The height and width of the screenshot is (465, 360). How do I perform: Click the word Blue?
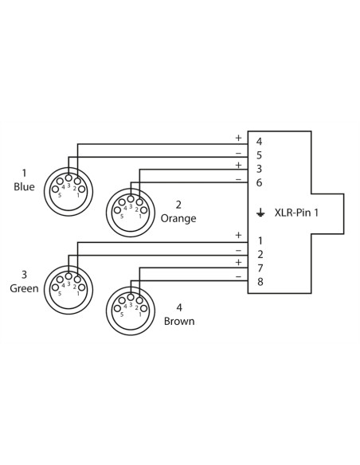coord(24,186)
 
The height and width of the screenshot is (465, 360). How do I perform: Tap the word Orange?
coord(178,218)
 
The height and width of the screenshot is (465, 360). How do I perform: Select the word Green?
coord(24,288)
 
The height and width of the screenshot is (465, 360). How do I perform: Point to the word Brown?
coord(179,321)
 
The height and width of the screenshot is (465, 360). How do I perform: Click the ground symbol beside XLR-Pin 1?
coord(260,213)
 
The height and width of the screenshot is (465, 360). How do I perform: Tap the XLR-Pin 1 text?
coord(296,213)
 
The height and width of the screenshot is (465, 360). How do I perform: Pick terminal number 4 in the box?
coord(259,142)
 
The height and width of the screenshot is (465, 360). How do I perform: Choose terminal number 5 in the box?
coord(259,155)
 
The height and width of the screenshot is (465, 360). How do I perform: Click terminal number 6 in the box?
coord(259,182)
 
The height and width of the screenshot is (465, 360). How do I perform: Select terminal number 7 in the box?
coord(260,268)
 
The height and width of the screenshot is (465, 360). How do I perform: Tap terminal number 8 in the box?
coord(260,281)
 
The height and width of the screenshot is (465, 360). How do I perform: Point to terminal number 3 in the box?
coord(259,169)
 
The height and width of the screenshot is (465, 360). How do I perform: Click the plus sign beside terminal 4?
coord(238,138)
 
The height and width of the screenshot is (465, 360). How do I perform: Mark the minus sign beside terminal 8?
coord(238,276)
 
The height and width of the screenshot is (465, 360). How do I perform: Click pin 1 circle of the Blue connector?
coord(82,190)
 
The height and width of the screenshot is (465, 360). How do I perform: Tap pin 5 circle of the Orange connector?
coord(117,210)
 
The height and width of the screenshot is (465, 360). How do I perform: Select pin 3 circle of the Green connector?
coord(68,276)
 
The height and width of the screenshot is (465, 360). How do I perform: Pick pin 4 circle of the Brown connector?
coord(122,300)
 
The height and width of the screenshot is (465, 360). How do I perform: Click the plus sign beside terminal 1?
coord(238,235)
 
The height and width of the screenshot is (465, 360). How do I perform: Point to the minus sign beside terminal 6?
coord(238,179)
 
